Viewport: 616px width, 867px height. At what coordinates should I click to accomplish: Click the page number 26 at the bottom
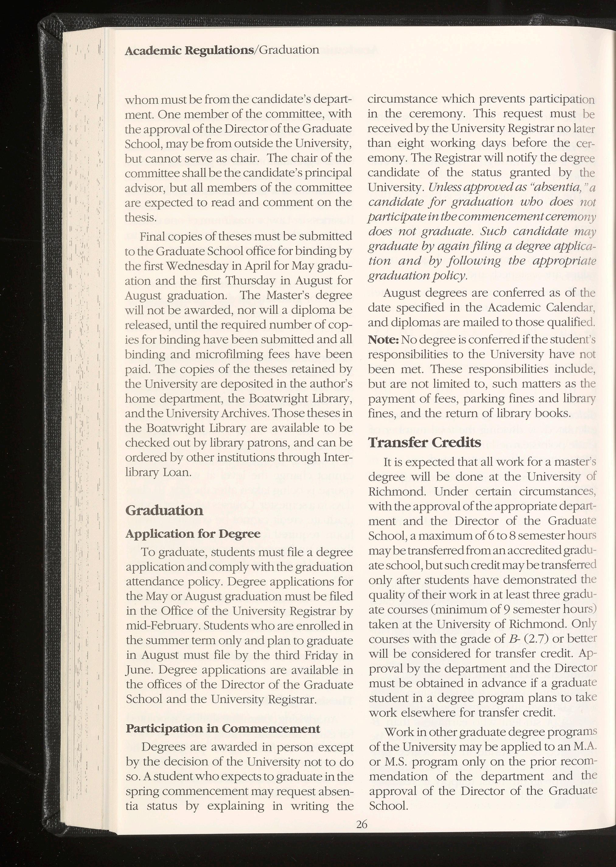361,824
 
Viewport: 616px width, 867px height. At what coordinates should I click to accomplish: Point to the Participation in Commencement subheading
223,728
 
